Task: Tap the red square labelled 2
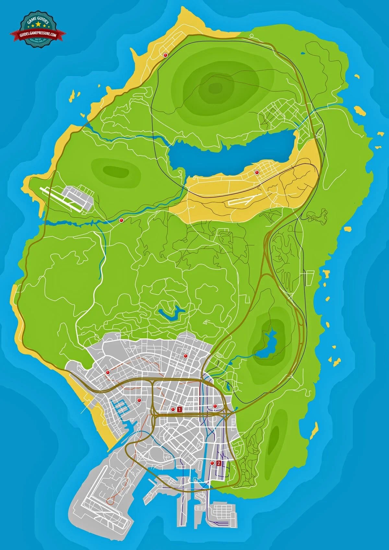point(219,463)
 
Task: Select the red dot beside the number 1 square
point(173,410)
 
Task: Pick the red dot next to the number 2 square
point(212,463)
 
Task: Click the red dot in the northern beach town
point(165,55)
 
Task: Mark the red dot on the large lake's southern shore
point(257,172)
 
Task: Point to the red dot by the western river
point(121,220)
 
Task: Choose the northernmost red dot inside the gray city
point(185,356)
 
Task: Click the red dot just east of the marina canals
point(139,400)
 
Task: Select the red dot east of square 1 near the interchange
point(215,406)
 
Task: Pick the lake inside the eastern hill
point(266,344)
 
